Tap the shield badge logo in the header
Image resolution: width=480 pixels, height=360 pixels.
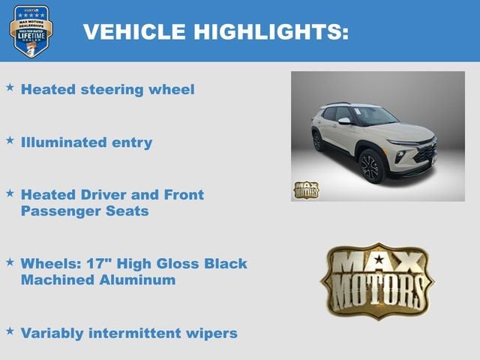[x=31, y=31]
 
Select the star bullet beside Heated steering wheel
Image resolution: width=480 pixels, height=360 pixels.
[x=10, y=88]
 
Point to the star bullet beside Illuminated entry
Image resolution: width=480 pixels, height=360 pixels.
[x=10, y=140]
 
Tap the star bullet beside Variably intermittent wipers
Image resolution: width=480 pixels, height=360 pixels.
[x=10, y=330]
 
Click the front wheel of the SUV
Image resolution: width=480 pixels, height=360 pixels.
[x=372, y=166]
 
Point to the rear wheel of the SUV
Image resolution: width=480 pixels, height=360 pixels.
[x=317, y=140]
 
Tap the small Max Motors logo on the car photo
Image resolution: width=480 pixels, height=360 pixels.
[x=305, y=190]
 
